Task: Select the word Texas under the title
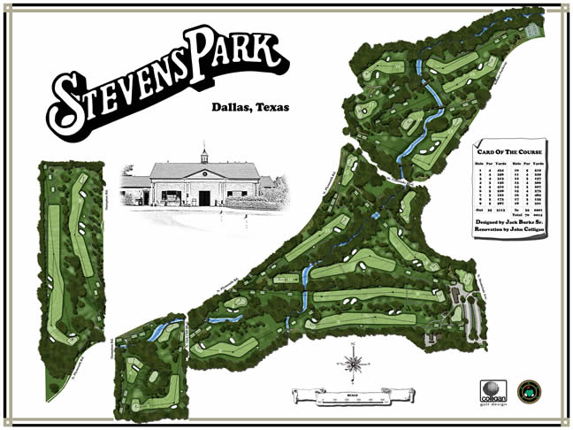271,108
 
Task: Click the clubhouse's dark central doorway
204,197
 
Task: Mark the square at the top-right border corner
565,8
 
